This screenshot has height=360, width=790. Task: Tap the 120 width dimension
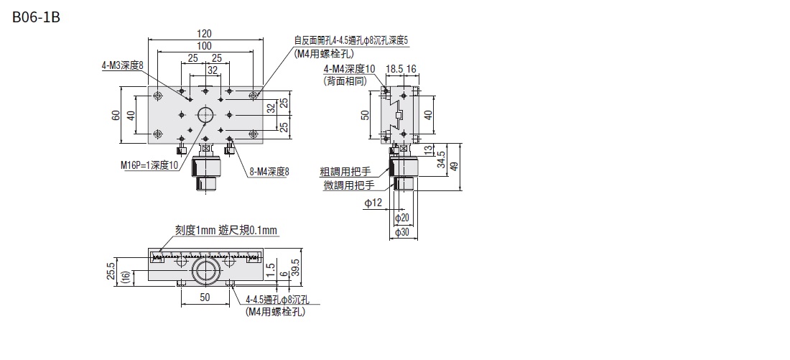[205, 33]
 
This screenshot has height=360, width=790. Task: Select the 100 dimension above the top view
[205, 45]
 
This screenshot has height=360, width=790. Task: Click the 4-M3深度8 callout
[122, 65]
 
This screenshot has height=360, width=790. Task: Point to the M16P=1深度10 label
[149, 165]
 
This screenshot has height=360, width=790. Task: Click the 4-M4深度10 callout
[350, 69]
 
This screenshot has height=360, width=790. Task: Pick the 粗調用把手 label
[347, 172]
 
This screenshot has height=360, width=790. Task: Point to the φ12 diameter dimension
[373, 203]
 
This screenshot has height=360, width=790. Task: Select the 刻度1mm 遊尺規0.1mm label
[226, 231]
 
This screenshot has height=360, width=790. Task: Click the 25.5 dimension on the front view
[110, 269]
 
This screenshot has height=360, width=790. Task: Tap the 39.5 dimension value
[295, 267]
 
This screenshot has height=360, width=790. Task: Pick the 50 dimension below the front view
[204, 297]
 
